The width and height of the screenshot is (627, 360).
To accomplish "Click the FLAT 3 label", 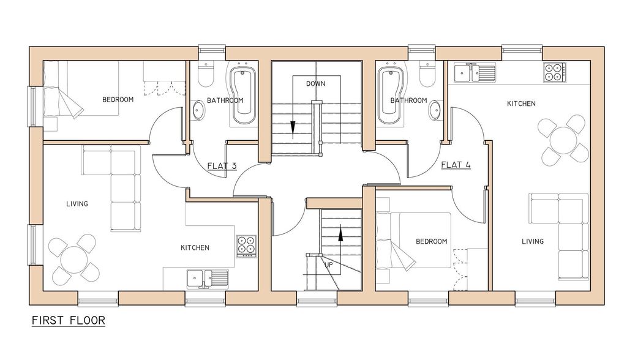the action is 222,165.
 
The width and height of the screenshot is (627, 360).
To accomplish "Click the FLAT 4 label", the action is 456,165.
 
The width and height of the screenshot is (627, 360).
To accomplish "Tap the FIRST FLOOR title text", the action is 69,320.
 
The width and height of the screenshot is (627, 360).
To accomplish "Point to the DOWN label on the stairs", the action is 315,84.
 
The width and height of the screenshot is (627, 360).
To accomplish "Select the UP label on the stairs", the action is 328,265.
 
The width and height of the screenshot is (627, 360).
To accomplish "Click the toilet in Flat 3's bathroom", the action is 207,74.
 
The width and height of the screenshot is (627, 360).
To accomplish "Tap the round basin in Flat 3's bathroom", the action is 198,110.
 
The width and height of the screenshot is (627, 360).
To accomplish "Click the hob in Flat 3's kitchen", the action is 246,246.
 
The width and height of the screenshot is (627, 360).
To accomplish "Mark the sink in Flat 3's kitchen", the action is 208,279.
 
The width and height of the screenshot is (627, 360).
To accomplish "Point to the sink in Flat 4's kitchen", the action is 475,72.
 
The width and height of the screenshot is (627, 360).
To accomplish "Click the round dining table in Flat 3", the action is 73,259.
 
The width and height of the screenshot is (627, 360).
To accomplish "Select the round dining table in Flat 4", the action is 563,140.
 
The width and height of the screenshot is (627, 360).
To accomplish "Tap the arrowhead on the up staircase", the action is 340,235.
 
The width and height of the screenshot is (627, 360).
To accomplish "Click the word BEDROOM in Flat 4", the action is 432,242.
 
